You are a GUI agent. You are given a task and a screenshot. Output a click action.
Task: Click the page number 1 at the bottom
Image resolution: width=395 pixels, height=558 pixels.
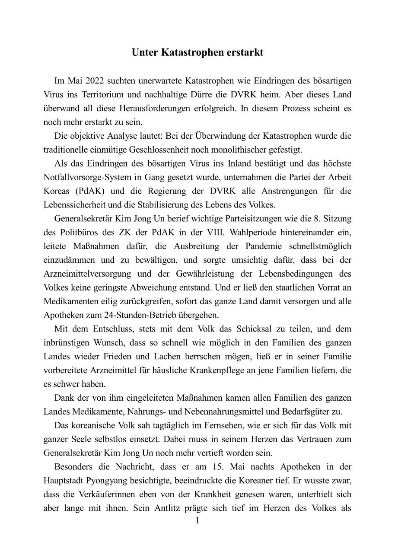click(x=197, y=521)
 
